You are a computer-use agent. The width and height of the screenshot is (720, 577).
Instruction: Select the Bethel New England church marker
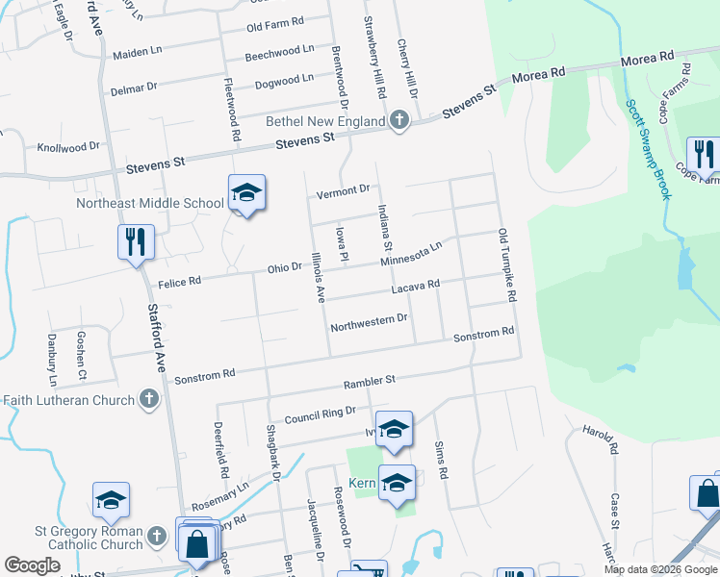point(400,121)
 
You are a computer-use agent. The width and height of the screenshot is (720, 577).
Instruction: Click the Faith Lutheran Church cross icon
point(148,398)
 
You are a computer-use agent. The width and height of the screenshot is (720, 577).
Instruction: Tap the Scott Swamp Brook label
point(648,150)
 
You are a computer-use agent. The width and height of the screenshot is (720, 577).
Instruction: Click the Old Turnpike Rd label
point(506,265)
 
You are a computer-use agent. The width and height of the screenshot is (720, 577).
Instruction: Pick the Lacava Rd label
point(415,286)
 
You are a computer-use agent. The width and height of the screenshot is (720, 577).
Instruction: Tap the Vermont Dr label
point(344,191)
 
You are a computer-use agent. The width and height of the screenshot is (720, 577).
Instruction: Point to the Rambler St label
point(370,383)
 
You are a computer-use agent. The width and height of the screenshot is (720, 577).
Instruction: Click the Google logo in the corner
point(32,565)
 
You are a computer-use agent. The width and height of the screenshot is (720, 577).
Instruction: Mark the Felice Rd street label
point(180,283)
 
